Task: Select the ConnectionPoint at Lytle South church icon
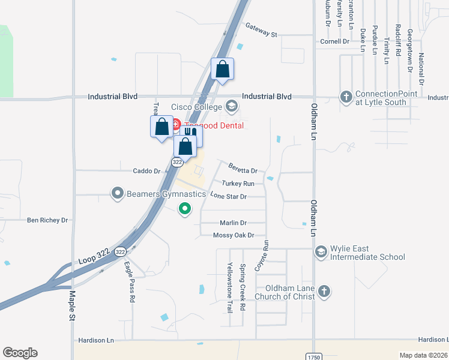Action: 346,97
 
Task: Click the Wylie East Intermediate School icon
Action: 321,252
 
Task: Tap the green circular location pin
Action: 185,209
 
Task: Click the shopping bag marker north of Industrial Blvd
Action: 222,69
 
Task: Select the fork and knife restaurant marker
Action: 191,135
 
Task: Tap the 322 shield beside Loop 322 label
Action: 121,252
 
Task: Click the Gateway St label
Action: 261,30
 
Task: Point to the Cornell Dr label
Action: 334,41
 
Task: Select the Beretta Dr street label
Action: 243,169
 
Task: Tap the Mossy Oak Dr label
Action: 234,235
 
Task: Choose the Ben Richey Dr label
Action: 47,220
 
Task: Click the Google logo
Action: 20,353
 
